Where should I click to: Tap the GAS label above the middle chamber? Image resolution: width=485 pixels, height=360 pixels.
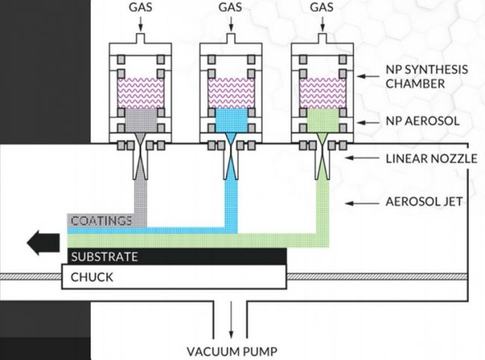point(231,7)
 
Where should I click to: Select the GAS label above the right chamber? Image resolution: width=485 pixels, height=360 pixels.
point(321,7)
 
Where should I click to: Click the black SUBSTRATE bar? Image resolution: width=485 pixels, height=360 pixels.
point(176,256)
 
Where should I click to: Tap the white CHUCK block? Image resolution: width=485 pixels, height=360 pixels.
point(176,279)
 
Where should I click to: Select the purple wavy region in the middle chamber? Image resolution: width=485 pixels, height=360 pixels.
point(231,92)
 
